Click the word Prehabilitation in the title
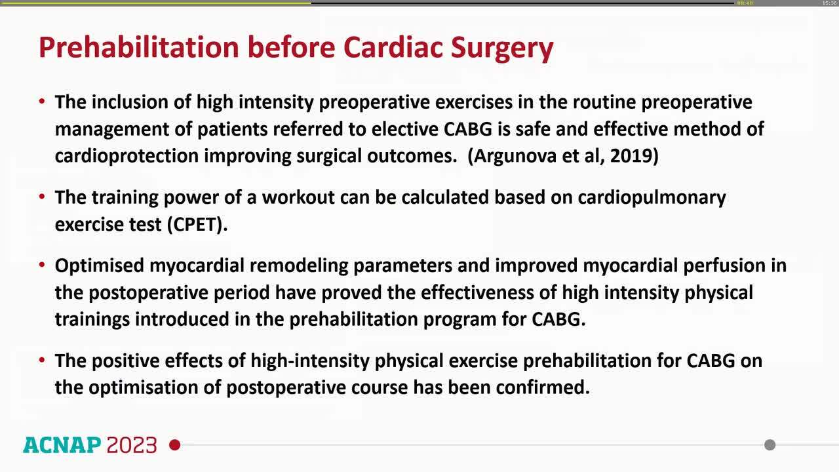coord(138,48)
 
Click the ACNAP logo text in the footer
coord(62,445)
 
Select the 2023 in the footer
coord(132,445)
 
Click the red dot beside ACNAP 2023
coord(174,445)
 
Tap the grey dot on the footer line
coord(770,445)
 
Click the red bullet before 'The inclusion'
coord(42,102)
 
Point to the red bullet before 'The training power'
coord(42,197)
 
